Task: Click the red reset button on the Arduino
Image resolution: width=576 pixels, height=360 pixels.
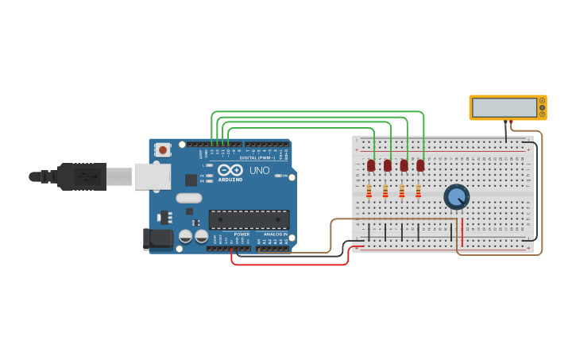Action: click(163, 149)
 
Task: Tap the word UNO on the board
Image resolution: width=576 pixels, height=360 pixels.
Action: click(261, 171)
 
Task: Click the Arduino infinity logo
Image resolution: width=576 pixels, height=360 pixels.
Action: click(230, 171)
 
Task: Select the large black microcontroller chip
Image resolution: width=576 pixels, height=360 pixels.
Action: click(249, 219)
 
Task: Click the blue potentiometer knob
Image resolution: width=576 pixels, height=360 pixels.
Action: click(456, 195)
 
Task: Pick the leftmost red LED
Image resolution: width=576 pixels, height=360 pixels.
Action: click(371, 165)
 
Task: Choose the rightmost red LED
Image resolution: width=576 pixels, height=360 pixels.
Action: click(420, 165)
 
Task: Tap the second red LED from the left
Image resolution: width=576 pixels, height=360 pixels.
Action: click(388, 165)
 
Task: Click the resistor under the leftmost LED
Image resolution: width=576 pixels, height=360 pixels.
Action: click(369, 191)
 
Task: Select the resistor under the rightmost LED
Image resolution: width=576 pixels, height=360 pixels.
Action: click(418, 191)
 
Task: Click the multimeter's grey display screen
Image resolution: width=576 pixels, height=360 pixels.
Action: click(503, 107)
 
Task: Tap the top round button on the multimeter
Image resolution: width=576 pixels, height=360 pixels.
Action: click(542, 101)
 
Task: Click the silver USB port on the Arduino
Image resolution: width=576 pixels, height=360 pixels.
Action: click(152, 176)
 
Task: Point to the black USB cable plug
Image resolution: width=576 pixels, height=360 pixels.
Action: click(80, 176)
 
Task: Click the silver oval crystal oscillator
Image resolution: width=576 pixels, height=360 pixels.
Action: click(189, 198)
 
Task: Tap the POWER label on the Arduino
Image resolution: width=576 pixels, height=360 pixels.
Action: click(242, 234)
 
